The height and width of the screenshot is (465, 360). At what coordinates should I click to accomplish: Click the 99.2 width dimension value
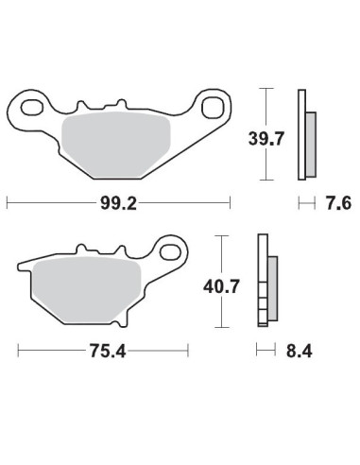(119, 202)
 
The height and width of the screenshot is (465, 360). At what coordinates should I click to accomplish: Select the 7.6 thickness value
(335, 202)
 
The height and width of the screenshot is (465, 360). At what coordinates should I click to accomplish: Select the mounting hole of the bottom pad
(171, 252)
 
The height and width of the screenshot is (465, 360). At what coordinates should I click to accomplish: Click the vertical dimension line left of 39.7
(270, 132)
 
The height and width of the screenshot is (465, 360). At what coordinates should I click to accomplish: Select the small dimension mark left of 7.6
(306, 202)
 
